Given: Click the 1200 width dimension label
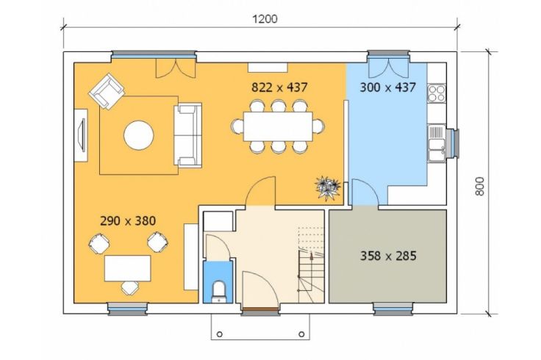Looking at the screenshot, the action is tap(265, 19).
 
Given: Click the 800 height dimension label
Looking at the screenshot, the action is tap(480, 186).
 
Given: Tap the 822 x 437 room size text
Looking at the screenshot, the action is tap(279, 87).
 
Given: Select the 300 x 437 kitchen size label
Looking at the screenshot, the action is tap(387, 87).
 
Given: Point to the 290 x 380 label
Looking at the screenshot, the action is tap(128, 220).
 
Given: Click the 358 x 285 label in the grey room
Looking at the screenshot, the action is tap(388, 256).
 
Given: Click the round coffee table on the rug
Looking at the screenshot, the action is tap(139, 135).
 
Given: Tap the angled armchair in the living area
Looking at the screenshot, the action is tap(107, 91).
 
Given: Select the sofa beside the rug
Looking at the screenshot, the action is tap(187, 135).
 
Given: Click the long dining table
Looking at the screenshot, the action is tap(278, 126).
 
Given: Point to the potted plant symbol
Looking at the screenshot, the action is tap(328, 187).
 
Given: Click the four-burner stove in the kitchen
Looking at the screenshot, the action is tap(437, 93).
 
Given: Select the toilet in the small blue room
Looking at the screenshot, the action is tap(219, 292).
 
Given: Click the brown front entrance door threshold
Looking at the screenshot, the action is tap(261, 309).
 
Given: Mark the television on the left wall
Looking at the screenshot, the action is tap(82, 135).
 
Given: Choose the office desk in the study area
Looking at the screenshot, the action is tap(128, 268).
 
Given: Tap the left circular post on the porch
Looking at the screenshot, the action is tap(220, 334).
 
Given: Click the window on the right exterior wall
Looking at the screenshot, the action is tap(454, 143).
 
